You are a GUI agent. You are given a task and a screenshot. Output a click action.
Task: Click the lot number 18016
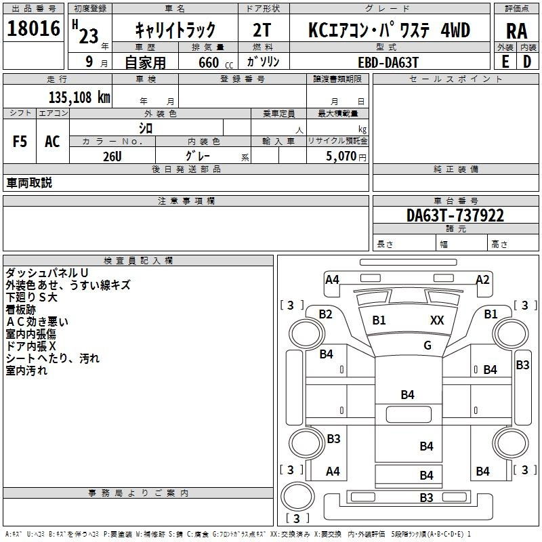coord(33,28)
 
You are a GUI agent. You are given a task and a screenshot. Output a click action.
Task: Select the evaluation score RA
coord(517,31)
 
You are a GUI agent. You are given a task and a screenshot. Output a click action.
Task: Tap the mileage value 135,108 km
coord(79,98)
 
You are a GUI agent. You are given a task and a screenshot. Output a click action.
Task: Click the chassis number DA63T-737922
coord(455,215)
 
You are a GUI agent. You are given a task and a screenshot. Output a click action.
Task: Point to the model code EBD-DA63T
coord(388,62)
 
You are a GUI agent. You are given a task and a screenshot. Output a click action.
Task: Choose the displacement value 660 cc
coord(215,63)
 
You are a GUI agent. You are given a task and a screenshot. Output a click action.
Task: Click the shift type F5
coord(20,142)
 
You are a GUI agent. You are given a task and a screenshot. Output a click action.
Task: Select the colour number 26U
coord(112,157)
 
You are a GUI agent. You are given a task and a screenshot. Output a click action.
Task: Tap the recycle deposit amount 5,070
coord(341,157)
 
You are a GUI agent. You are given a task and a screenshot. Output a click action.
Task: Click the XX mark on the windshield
coord(437,320)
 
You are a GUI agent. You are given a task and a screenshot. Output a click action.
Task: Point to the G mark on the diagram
coord(428,345)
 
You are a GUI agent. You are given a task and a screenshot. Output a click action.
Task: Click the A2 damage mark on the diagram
coord(483,280)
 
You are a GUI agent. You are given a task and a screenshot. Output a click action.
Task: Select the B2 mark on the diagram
coord(325,314)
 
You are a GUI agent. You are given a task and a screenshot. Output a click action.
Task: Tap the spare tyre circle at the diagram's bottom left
coord(298,496)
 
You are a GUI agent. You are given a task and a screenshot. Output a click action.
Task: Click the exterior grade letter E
coord(505,62)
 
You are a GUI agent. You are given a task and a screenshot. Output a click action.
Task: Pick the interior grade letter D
coord(527,62)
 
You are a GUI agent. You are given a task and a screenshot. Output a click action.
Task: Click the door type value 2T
coord(262,30)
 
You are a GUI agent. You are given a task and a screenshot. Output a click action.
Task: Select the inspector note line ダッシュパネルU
coord(47,273)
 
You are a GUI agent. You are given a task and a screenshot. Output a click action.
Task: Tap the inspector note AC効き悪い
coord(37,322)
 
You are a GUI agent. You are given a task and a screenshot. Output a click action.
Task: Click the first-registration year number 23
coord(89,36)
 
